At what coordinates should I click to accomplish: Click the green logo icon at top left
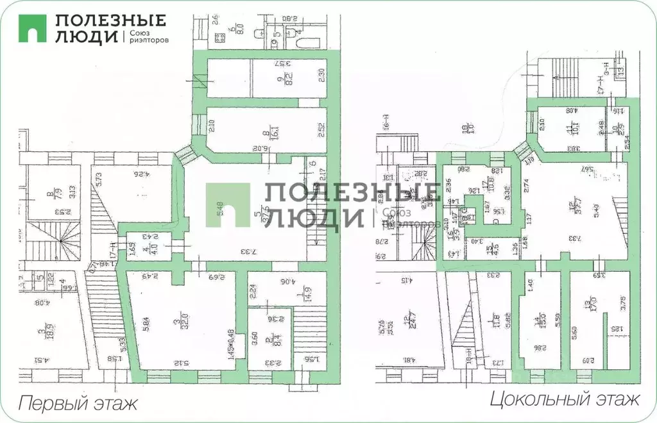point(32,28)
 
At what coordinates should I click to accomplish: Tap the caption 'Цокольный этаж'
point(565,401)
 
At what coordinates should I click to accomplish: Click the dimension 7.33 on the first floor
point(242,252)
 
